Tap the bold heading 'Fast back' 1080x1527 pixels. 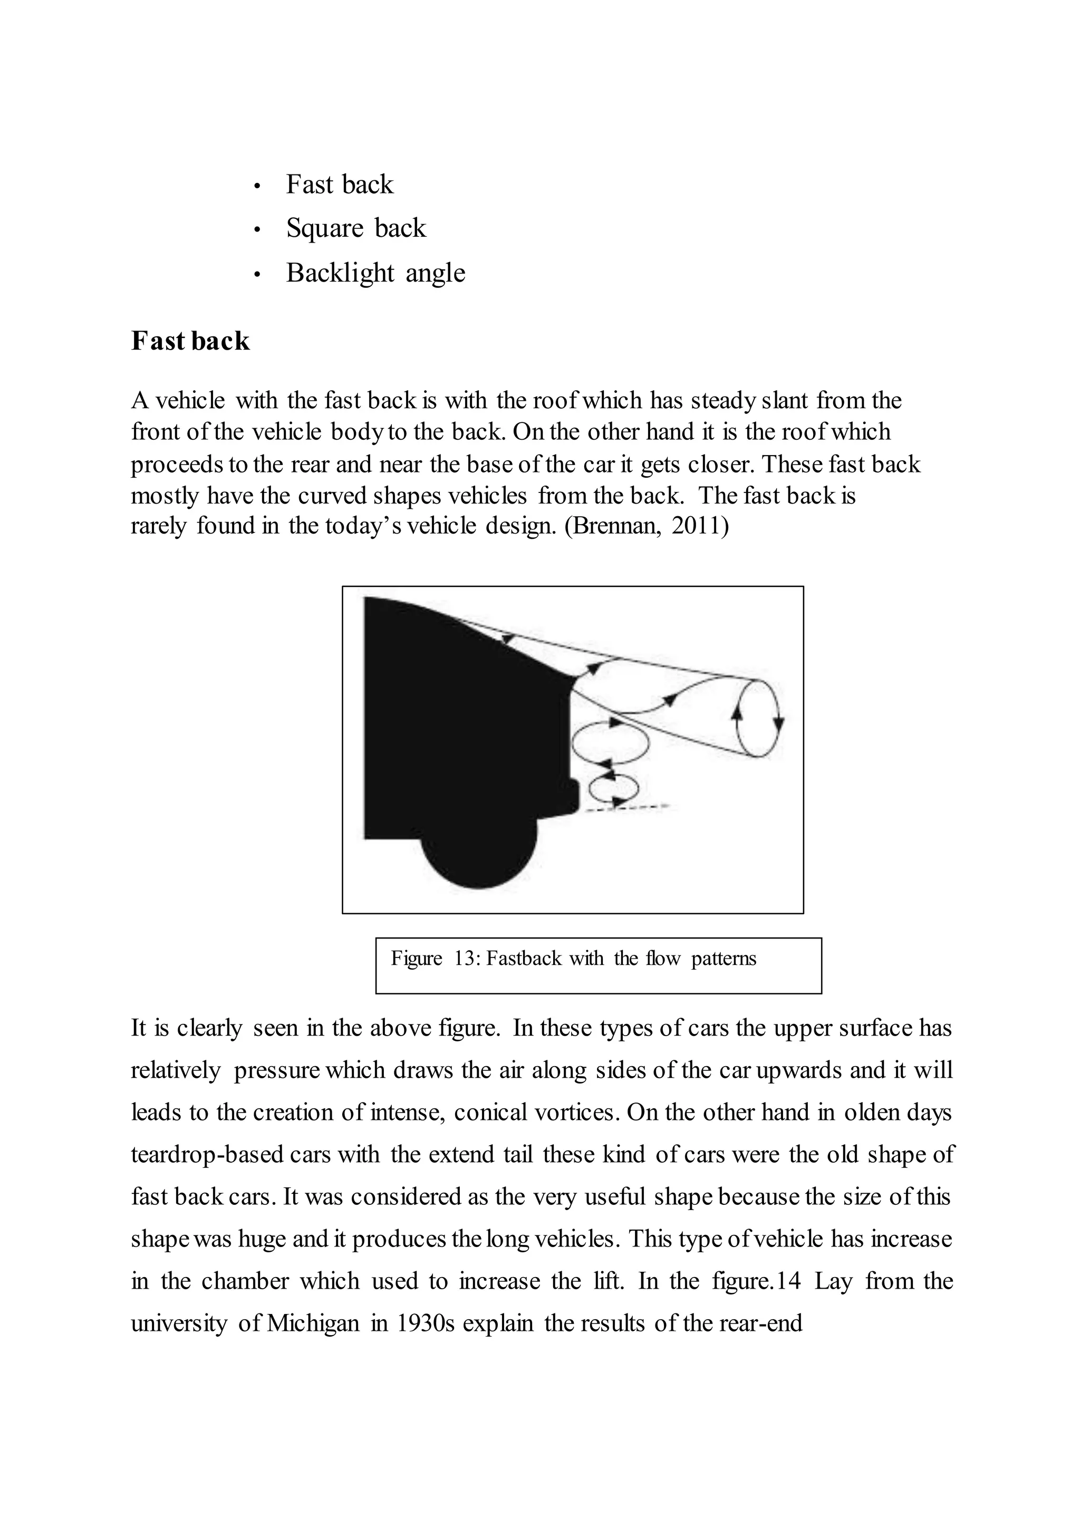pyautogui.click(x=190, y=341)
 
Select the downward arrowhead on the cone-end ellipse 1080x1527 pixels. pyautogui.click(x=779, y=723)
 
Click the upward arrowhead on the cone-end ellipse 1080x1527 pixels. pyautogui.click(x=737, y=712)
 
